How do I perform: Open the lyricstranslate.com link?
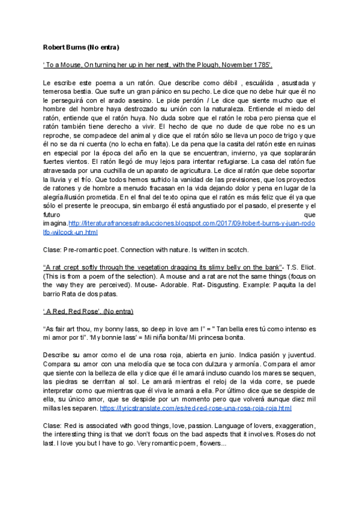click(x=196, y=408)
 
